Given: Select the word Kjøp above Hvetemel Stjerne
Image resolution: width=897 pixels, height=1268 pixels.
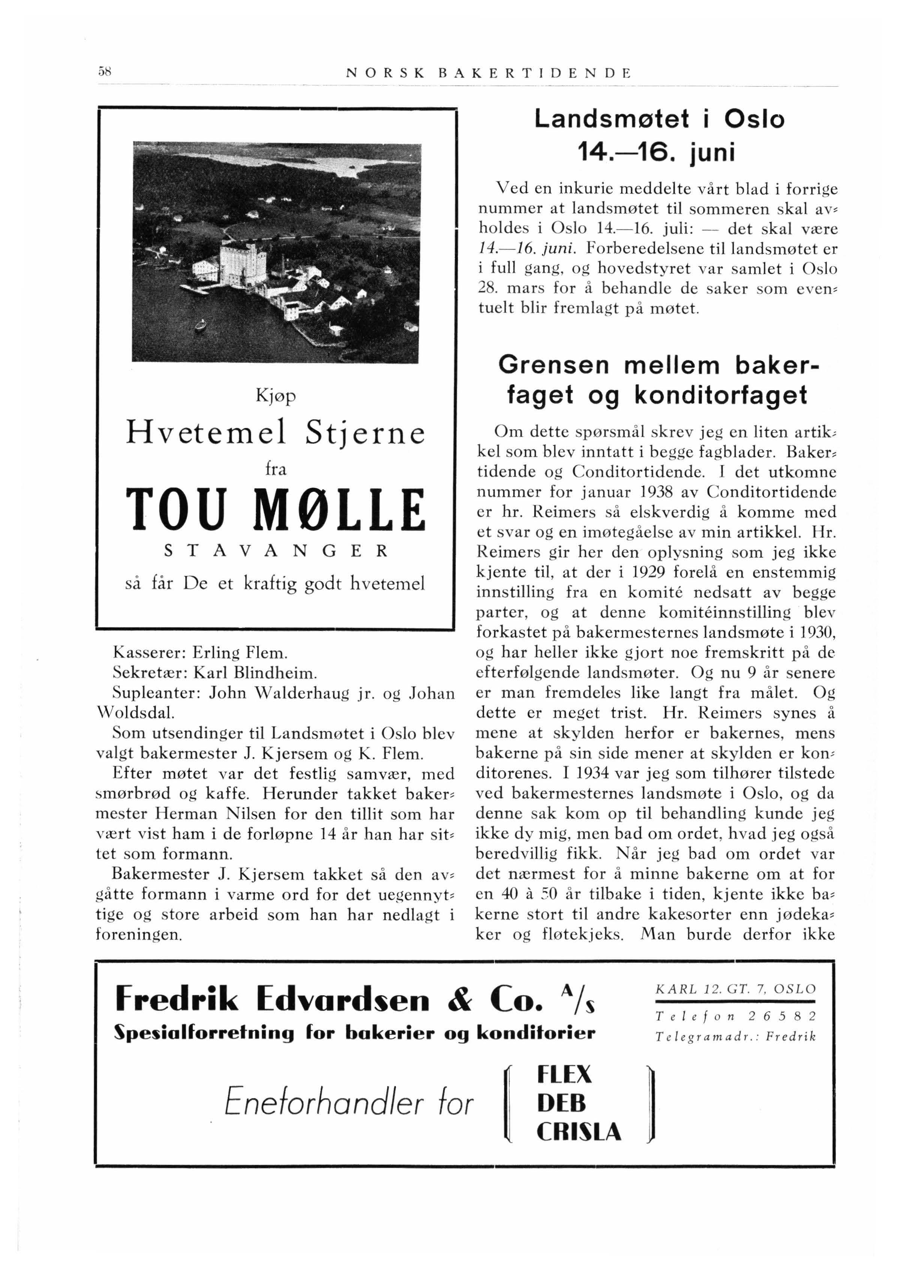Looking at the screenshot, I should point(276,397).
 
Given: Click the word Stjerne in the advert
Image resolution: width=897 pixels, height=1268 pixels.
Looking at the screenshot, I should point(365,433).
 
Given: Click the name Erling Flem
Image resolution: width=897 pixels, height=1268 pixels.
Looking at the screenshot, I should point(240,653).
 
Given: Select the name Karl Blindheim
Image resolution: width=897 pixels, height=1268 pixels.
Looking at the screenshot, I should point(255,673).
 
